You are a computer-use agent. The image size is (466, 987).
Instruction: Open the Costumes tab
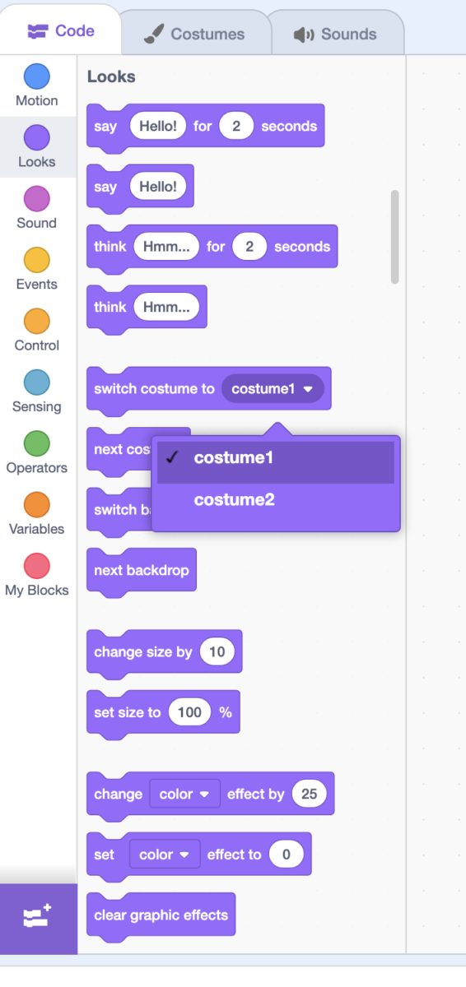coord(194,35)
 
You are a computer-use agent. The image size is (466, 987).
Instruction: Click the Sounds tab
coord(335,35)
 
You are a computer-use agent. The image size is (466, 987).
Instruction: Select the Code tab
coord(61,31)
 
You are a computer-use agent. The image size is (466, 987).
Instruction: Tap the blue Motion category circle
coord(36,76)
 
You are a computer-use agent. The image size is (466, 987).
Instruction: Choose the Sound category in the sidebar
coord(36,199)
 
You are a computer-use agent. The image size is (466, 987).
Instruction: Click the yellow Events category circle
coord(36,260)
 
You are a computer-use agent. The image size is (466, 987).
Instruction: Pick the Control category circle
coord(36,322)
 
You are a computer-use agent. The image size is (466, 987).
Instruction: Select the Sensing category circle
coord(36,382)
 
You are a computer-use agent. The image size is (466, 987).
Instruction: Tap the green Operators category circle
coord(36,444)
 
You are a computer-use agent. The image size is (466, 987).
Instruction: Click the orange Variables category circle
coord(36,505)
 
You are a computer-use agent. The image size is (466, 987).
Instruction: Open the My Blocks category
coord(36,566)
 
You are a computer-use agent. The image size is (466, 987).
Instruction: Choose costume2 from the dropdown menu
coord(235,500)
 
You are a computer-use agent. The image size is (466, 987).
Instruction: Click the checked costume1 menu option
coord(234,458)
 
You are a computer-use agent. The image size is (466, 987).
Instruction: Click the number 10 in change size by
coord(217,652)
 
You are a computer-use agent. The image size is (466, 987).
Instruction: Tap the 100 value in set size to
coord(189,712)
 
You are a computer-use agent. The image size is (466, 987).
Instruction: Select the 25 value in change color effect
coord(310,794)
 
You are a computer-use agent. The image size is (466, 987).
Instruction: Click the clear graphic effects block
coord(161,915)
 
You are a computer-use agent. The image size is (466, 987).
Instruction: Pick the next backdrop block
coord(141,570)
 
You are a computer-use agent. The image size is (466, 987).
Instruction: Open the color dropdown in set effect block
coord(164,855)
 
